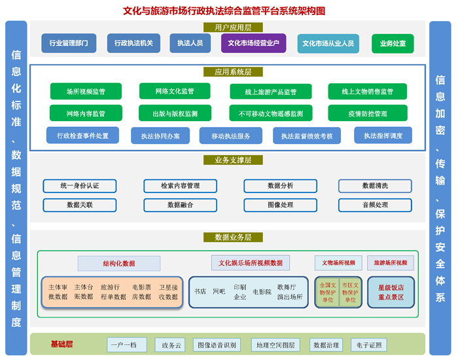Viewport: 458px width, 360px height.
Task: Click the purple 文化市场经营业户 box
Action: pos(253,44)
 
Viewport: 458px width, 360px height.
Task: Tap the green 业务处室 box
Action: pos(393,44)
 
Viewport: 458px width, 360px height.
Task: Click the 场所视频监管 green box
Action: pos(86,92)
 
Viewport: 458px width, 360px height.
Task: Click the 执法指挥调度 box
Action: pos(383,135)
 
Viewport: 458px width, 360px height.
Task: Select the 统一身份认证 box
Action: pos(80,186)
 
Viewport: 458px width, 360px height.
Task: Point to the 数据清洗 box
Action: pos(375,186)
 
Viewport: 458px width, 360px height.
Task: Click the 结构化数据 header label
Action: pos(119,263)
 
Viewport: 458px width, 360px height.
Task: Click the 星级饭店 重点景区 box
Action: pos(391,292)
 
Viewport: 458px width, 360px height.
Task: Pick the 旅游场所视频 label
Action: pos(391,262)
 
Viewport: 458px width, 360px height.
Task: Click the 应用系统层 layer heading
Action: pos(228,71)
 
